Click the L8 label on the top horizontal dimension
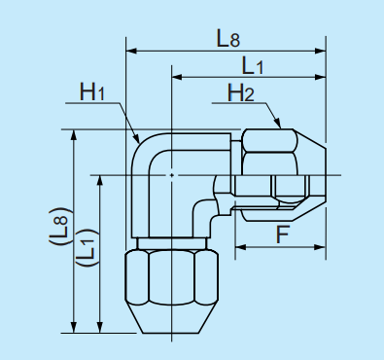click(x=227, y=39)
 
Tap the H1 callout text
click(x=92, y=92)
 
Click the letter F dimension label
click(x=282, y=234)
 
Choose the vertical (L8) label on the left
click(x=59, y=226)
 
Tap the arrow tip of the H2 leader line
click(x=283, y=128)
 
